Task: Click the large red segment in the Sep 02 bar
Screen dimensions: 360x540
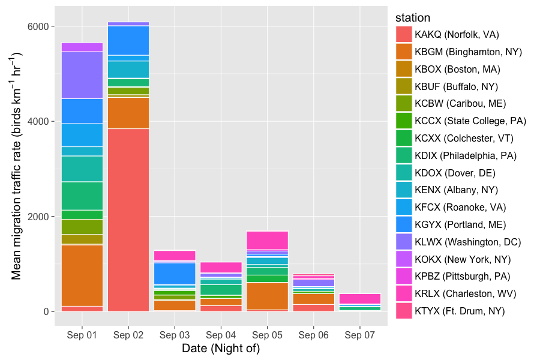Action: [x=128, y=220]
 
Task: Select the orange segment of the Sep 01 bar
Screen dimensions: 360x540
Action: [x=82, y=275]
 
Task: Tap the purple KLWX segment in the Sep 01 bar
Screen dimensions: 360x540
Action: [x=82, y=75]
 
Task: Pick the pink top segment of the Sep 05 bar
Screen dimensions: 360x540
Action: [x=267, y=240]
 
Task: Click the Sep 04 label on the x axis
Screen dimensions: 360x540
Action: [x=221, y=335]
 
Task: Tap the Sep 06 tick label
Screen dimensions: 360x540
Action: [x=313, y=335]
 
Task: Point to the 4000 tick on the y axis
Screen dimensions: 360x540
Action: [x=38, y=121]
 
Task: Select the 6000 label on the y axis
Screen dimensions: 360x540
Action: [x=38, y=26]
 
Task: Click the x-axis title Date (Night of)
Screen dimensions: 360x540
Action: [x=221, y=349]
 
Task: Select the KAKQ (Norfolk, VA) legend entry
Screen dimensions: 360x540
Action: [x=457, y=35]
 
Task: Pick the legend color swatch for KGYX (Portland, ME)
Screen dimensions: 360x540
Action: [x=404, y=224]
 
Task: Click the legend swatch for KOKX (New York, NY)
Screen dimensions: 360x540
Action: [x=404, y=259]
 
